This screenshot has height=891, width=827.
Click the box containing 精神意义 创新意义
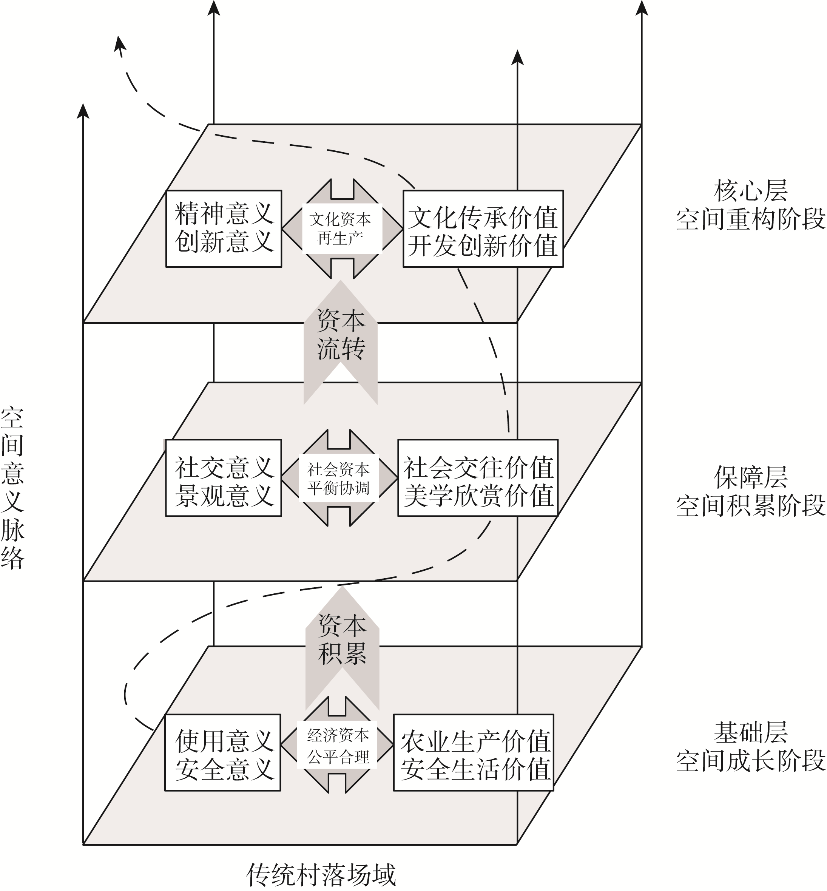tap(224, 229)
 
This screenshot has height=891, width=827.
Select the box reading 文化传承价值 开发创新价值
tap(483, 229)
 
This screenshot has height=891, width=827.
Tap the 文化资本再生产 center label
tap(340, 229)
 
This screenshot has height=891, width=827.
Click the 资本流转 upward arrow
tap(341, 342)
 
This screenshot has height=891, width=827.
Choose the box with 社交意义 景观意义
tap(223, 478)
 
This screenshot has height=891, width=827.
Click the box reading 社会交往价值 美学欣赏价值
tap(478, 478)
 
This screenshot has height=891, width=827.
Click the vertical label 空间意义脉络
tap(12, 488)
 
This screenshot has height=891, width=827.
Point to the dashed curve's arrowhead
tap(119, 46)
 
